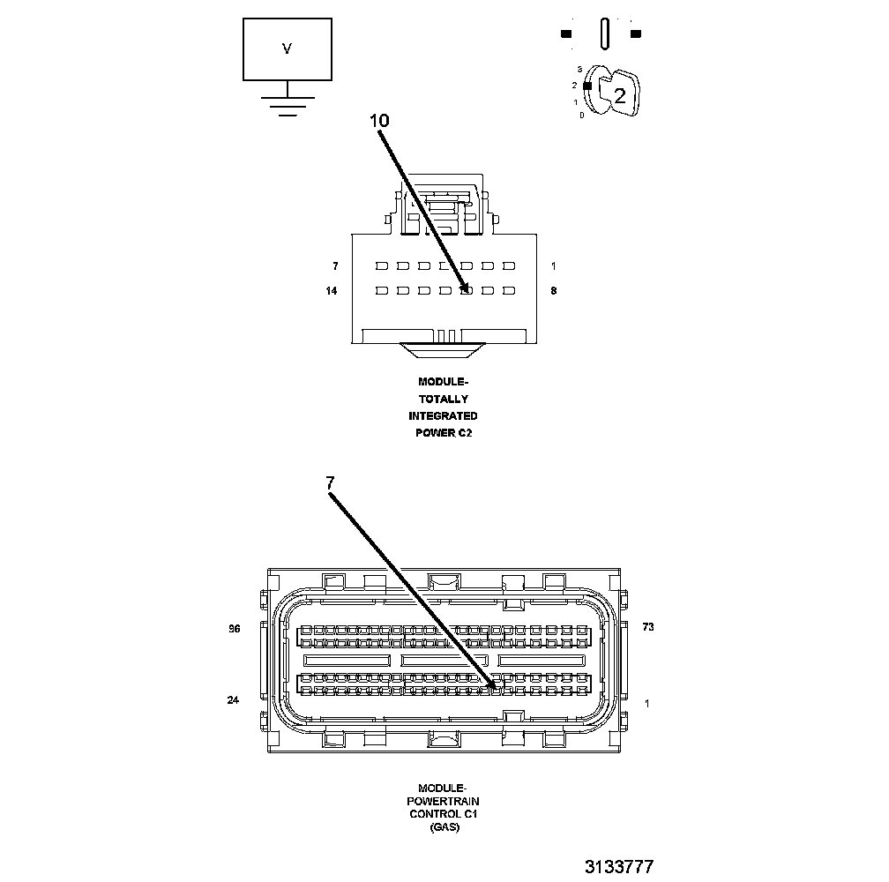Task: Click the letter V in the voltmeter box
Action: click(x=287, y=49)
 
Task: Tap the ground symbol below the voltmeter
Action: click(x=287, y=103)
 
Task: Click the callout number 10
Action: click(x=378, y=120)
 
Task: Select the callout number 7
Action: click(x=330, y=482)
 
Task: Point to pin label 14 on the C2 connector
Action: click(x=332, y=290)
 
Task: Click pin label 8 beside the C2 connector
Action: click(x=553, y=290)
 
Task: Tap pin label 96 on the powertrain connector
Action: click(x=234, y=629)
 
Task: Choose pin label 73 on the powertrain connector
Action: click(x=648, y=627)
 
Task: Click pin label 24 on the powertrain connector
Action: click(x=234, y=700)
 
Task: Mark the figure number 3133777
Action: click(x=618, y=867)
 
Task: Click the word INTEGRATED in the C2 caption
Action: click(x=443, y=415)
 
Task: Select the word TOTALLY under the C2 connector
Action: click(x=443, y=399)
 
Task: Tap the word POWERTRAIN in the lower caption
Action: click(x=444, y=801)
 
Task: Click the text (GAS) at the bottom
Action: click(x=444, y=828)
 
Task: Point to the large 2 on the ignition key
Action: click(x=620, y=96)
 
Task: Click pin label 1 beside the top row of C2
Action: click(x=553, y=265)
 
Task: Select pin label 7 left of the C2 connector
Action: click(x=335, y=265)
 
